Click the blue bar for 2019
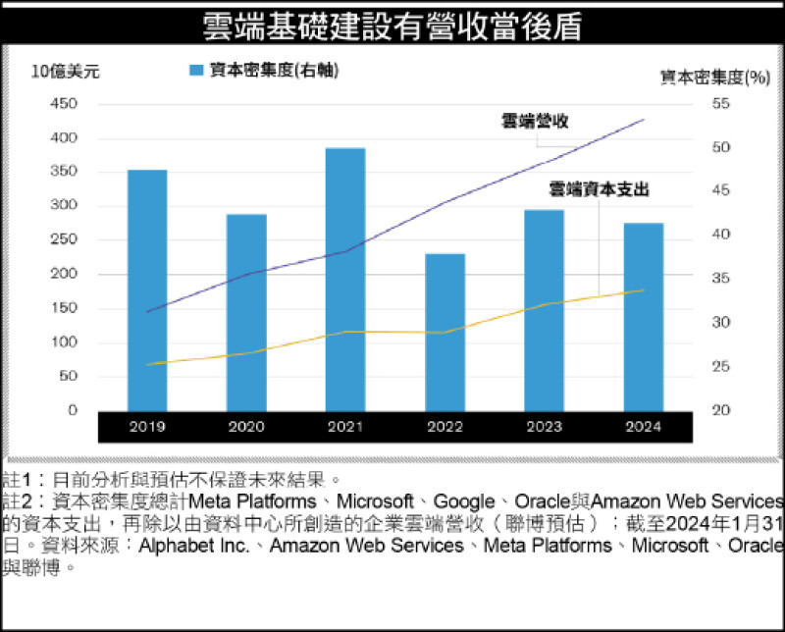tap(147, 290)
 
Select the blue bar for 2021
tap(345, 279)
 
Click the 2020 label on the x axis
tap(246, 427)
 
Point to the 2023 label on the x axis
tap(544, 427)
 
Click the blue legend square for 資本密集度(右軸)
tap(195, 71)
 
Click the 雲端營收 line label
tap(535, 121)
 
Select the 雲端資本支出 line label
tap(599, 188)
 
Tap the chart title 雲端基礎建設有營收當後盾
tap(392, 25)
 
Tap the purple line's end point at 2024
tap(644, 120)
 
